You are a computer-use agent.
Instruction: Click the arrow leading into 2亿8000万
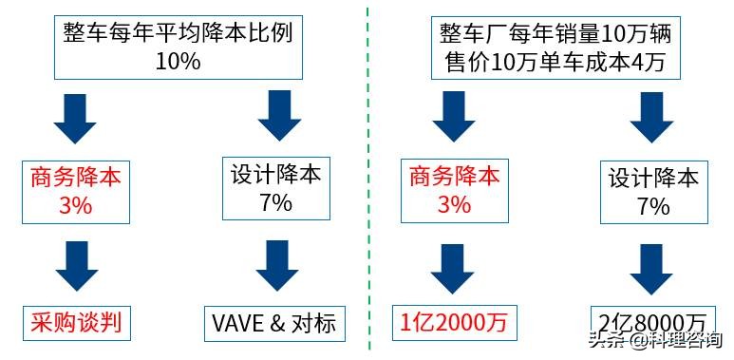tap(653, 266)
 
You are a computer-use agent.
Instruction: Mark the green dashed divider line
tap(368, 180)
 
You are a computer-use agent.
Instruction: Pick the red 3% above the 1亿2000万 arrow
tap(453, 203)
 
